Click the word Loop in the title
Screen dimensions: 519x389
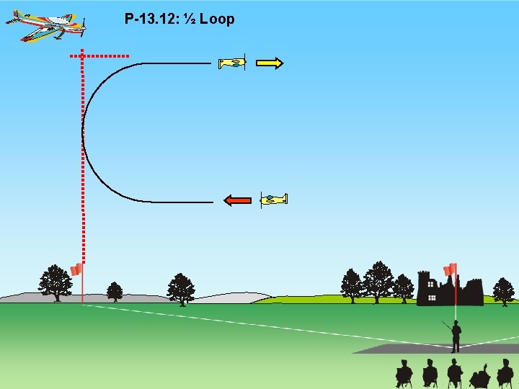click(x=217, y=19)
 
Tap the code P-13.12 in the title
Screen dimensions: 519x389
click(x=151, y=19)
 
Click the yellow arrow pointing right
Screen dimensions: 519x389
click(x=270, y=63)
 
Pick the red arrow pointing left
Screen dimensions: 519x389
click(x=237, y=200)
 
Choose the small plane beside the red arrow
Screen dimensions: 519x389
click(x=274, y=200)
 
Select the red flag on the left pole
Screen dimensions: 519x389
click(x=76, y=269)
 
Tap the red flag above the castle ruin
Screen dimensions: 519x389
click(x=451, y=270)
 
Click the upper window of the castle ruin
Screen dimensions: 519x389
click(x=430, y=284)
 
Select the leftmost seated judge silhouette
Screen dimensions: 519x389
click(x=404, y=373)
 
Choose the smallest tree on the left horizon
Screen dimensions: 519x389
click(x=114, y=291)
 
